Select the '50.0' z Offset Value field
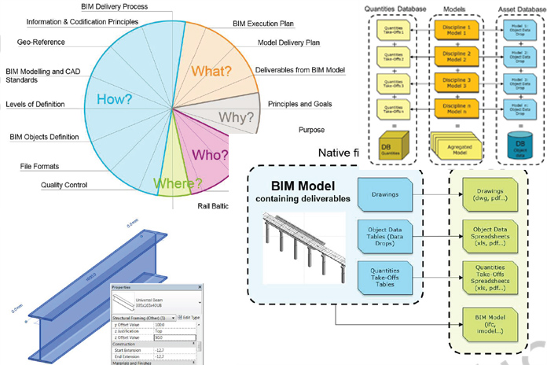point(176,337)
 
